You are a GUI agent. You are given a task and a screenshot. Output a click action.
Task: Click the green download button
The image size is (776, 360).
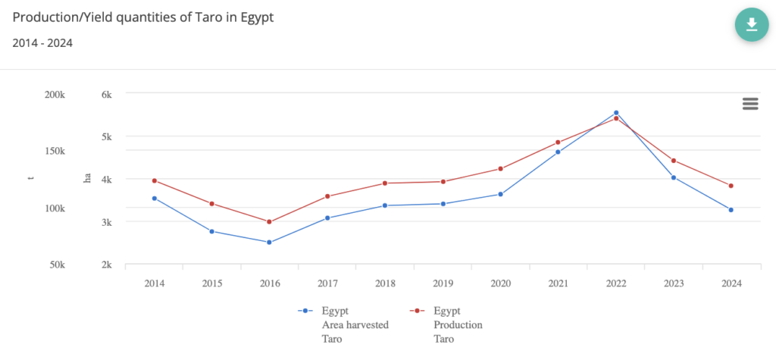point(751,25)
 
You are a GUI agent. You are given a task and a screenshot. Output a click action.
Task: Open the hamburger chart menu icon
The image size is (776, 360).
point(750,104)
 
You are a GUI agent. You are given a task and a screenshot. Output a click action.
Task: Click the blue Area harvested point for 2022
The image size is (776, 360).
point(616,113)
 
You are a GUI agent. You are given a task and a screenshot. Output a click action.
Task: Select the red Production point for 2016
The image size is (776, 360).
point(270,222)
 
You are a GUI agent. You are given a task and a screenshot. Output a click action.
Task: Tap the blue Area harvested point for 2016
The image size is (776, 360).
point(270,243)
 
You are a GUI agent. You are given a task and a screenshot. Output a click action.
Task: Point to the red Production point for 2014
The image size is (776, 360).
point(155,180)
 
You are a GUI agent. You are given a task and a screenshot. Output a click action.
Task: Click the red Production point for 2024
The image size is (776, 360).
point(731,186)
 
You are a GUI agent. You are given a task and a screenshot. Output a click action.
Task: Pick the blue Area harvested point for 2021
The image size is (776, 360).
point(558,152)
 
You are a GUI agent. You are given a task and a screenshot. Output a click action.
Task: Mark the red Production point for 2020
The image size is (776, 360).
point(500,168)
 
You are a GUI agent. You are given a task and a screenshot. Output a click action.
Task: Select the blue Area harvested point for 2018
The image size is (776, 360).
point(385,205)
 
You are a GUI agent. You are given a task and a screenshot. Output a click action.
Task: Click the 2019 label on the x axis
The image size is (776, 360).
point(443,283)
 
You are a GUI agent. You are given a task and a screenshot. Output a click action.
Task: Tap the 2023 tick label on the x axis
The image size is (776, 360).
point(673,283)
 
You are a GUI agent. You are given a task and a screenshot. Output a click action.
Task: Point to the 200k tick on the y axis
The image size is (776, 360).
point(55,95)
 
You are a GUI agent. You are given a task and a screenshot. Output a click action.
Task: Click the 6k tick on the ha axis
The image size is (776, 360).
point(107,95)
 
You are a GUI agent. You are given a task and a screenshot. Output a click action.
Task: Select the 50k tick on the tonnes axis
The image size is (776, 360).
point(57,265)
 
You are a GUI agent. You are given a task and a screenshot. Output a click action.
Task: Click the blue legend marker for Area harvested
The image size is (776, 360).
point(305,311)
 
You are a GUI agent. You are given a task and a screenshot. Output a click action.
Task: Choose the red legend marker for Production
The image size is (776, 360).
point(417,311)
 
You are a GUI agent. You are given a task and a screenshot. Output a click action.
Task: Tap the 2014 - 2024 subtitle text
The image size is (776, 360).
point(42,43)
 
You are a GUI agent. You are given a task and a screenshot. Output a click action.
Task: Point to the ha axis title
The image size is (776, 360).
point(88,178)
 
